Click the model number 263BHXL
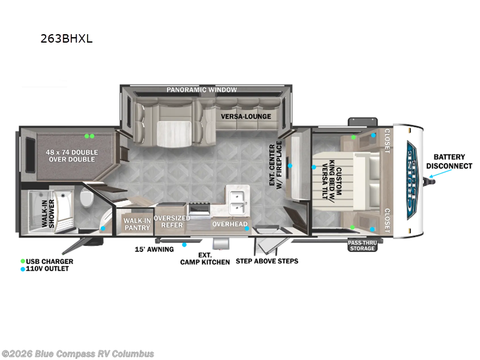[67, 39]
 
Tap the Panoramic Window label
[202, 89]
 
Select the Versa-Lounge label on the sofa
[246, 116]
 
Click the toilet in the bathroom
[86, 197]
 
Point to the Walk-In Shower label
[48, 214]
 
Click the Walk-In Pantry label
[137, 224]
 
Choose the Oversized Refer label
[172, 221]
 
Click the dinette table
[174, 134]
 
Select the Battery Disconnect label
[449, 161]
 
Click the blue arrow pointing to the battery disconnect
[440, 173]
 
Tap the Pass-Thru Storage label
[362, 245]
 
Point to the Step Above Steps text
[267, 261]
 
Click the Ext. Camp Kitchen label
[205, 259]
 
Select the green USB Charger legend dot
[23, 262]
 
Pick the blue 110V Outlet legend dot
[23, 269]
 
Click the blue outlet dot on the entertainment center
[290, 166]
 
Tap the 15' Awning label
[154, 249]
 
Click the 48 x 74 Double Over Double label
[72, 156]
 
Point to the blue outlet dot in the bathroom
[103, 229]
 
